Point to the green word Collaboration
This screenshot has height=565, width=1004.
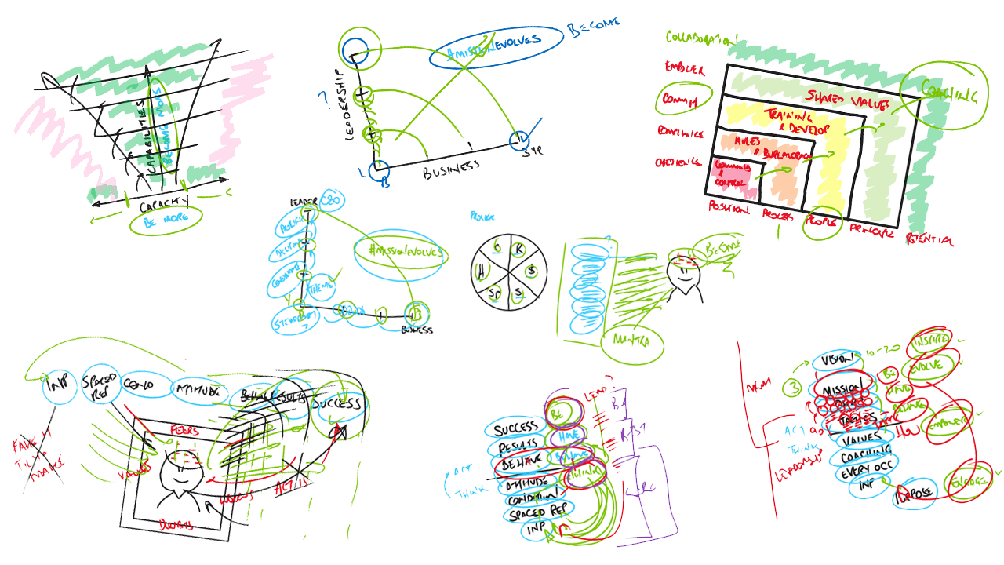701,37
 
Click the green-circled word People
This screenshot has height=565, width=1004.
822,223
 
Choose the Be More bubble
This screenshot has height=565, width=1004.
166,221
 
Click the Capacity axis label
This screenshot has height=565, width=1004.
164,205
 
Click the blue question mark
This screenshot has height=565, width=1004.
322,100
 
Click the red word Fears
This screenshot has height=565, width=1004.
185,431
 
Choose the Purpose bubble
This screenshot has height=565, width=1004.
915,493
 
